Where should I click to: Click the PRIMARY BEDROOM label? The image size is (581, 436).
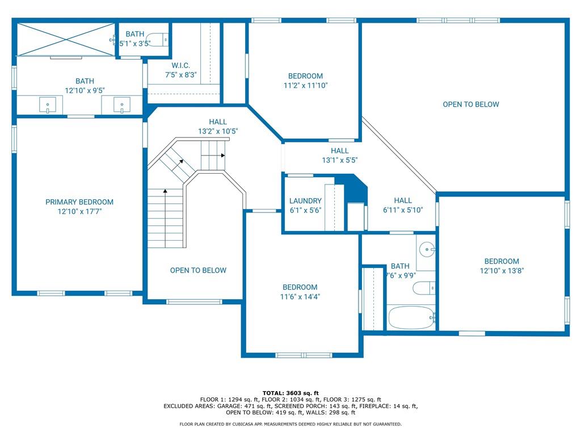tap(79, 202)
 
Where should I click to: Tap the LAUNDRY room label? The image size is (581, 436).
tap(305, 201)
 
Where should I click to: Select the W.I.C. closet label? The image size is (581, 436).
tap(181, 66)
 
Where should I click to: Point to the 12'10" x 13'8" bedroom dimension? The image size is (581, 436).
tap(502, 271)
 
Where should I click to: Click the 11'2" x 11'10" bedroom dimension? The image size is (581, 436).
tap(306, 85)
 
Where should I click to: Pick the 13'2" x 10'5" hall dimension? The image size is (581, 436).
tap(218, 131)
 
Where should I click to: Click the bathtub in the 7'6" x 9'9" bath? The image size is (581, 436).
tap(411, 318)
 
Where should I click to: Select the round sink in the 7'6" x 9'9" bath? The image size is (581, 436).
tap(427, 250)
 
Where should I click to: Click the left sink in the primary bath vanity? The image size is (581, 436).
tap(48, 105)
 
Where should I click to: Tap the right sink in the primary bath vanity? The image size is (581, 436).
tap(121, 105)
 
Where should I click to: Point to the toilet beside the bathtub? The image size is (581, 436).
tap(424, 288)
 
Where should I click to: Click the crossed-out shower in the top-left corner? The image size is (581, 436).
tap(66, 39)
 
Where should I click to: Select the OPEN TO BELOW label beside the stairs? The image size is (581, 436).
tap(198, 270)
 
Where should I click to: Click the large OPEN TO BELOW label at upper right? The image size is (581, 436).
tap(471, 104)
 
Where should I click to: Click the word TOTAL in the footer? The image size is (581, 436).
tap(273, 393)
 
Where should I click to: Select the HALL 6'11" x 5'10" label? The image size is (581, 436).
tap(403, 205)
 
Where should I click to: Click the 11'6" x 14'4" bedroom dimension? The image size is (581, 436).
tap(300, 296)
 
